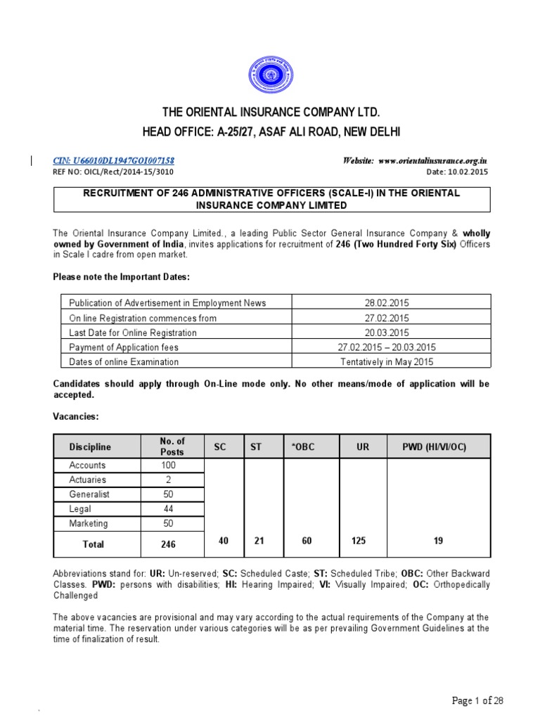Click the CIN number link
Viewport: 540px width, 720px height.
[x=114, y=161]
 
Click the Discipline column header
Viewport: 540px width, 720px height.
[x=90, y=446]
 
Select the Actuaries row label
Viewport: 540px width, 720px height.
[x=88, y=480]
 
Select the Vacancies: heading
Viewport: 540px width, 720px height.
[x=76, y=417]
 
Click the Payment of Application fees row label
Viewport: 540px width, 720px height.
[x=124, y=347]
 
